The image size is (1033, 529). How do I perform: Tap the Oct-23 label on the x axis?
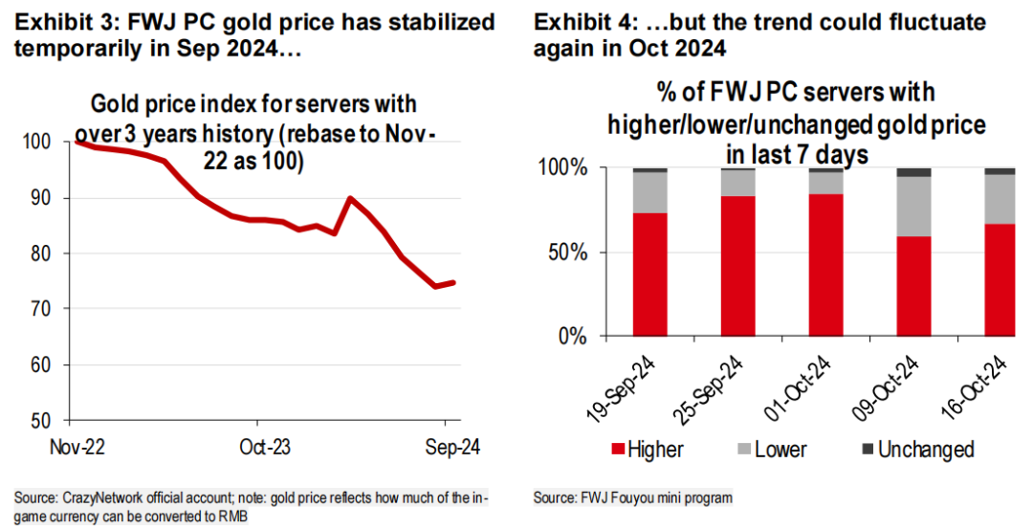(x=265, y=448)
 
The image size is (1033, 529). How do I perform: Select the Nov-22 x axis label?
(x=77, y=448)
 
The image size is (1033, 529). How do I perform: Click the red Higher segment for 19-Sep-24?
(x=650, y=274)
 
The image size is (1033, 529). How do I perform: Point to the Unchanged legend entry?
(x=926, y=450)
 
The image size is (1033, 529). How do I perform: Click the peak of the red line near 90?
(x=350, y=198)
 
